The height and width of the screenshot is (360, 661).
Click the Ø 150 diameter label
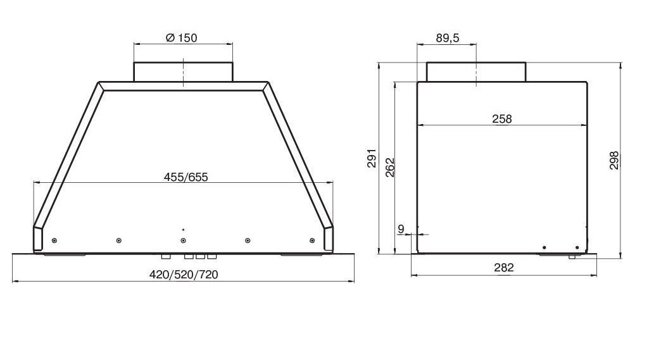[181, 38]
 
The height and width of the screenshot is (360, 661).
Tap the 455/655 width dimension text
[186, 177]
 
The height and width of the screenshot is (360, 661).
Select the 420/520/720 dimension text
[184, 275]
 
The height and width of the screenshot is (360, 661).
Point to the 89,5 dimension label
[448, 39]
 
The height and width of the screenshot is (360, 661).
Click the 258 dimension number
[502, 119]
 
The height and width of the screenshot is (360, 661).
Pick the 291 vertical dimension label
[372, 158]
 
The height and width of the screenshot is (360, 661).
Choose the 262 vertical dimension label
[390, 167]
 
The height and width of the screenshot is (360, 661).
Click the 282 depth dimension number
[504, 268]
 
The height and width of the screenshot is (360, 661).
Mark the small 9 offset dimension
[401, 229]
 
